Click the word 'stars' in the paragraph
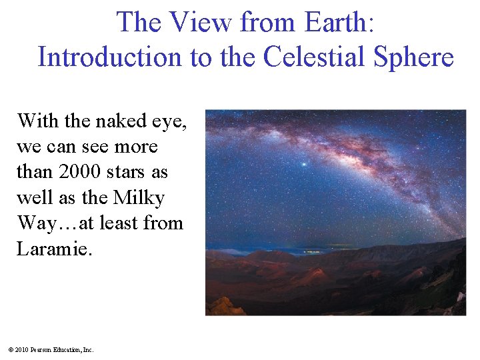click(130, 172)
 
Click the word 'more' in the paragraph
click(135, 147)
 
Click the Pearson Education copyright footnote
click(51, 349)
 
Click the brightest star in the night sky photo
click(305, 164)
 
